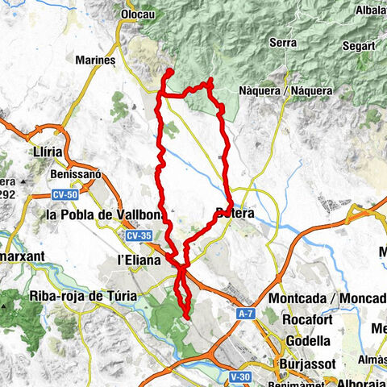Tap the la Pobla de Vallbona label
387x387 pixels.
106,215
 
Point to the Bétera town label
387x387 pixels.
235,214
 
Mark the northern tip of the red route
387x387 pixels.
171,72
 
